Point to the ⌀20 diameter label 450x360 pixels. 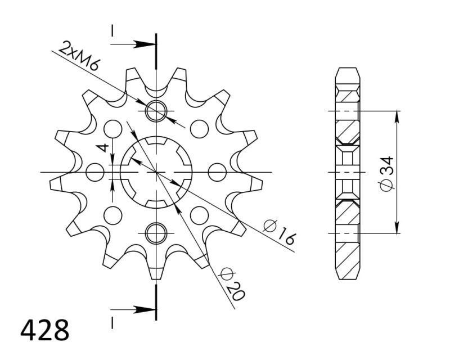click(x=232, y=285)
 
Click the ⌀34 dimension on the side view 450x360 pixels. click(x=386, y=173)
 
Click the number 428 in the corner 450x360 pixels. click(x=45, y=331)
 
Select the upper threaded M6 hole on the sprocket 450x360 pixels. click(x=156, y=111)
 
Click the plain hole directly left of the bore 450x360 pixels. click(x=96, y=172)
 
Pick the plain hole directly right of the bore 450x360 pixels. click(x=217, y=172)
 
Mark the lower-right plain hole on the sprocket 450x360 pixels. click(x=199, y=214)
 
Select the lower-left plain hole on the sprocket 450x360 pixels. click(x=113, y=214)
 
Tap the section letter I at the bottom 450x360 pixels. click(x=112, y=322)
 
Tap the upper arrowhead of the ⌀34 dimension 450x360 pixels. click(x=397, y=116)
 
